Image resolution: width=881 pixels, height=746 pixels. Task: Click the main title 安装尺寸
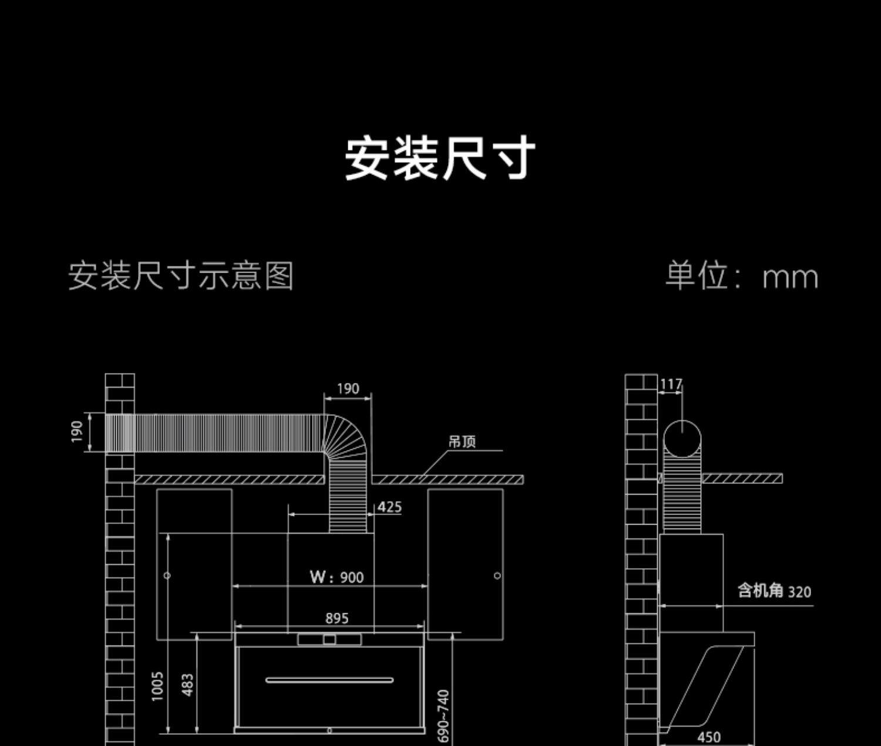pyautogui.click(x=439, y=157)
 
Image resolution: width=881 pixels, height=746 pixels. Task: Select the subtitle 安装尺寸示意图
pyautogui.click(x=181, y=275)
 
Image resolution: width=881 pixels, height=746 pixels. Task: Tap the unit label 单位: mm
pyautogui.click(x=741, y=275)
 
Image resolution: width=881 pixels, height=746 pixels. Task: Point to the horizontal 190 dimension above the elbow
pyautogui.click(x=348, y=389)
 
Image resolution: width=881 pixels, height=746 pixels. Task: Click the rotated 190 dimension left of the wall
pyautogui.click(x=77, y=432)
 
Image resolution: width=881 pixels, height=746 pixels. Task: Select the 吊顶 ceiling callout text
pyautogui.click(x=462, y=442)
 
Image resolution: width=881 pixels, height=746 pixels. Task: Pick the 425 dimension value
pyautogui.click(x=389, y=507)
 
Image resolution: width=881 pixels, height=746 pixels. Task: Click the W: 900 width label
pyautogui.click(x=337, y=577)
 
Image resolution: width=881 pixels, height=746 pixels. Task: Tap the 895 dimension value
pyautogui.click(x=337, y=618)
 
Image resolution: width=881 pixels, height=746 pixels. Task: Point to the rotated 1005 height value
pyautogui.click(x=157, y=686)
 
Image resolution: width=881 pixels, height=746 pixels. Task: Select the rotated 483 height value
pyautogui.click(x=188, y=685)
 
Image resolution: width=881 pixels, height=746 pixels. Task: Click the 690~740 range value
pyautogui.click(x=444, y=715)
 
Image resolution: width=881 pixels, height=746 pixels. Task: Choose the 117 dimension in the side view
pyautogui.click(x=670, y=385)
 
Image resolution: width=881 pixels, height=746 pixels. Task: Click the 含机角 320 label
pyautogui.click(x=774, y=590)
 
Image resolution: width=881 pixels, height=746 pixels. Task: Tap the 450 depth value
pyautogui.click(x=709, y=737)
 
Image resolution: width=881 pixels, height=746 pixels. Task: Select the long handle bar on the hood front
pyautogui.click(x=329, y=680)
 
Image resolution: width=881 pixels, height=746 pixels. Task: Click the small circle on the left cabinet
pyautogui.click(x=167, y=576)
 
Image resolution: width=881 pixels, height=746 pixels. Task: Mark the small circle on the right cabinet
pyautogui.click(x=497, y=576)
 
